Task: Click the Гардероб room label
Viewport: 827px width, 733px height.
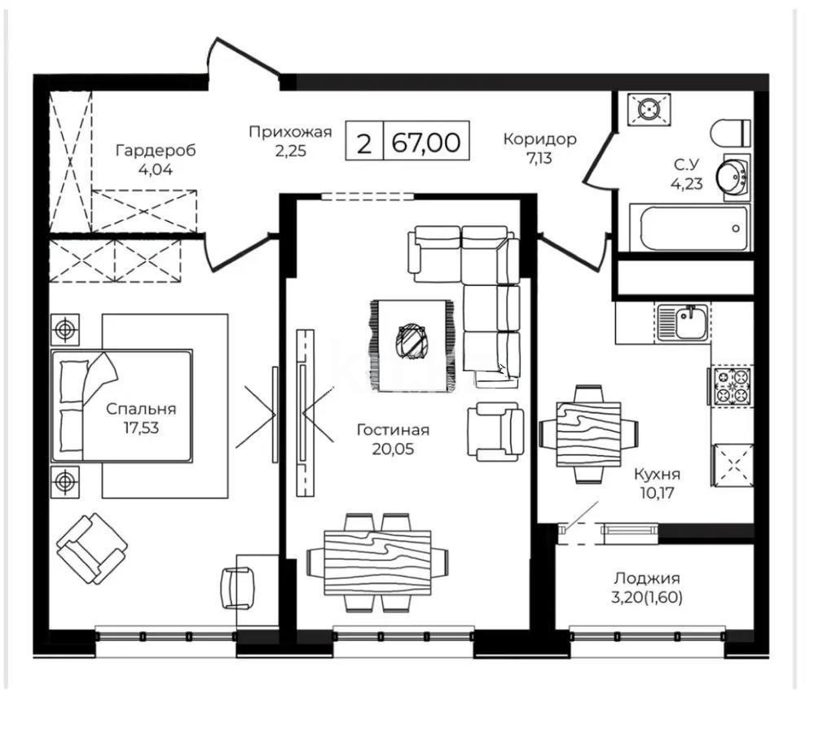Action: (x=156, y=151)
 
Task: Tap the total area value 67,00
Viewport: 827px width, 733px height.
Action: (x=425, y=143)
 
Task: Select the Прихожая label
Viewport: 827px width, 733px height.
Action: (x=290, y=132)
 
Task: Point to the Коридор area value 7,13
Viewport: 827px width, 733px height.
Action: (x=539, y=158)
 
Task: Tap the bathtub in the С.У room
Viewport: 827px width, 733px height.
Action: (x=693, y=227)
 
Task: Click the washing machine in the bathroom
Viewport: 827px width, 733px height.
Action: (x=649, y=110)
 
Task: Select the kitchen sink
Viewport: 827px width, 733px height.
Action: (x=684, y=323)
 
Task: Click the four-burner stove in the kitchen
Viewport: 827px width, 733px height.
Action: (x=732, y=386)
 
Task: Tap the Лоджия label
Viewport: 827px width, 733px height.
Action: (x=647, y=578)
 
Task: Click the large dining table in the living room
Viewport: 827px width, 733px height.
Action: (x=377, y=562)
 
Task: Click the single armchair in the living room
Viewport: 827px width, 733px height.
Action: (x=494, y=432)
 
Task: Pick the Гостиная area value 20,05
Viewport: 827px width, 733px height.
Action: (x=393, y=448)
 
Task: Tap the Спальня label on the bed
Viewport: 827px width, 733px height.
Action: (x=140, y=410)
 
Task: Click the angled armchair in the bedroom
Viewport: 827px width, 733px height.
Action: (x=91, y=548)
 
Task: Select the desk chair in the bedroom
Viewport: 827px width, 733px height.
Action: (x=239, y=587)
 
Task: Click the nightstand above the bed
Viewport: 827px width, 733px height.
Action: (x=64, y=330)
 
